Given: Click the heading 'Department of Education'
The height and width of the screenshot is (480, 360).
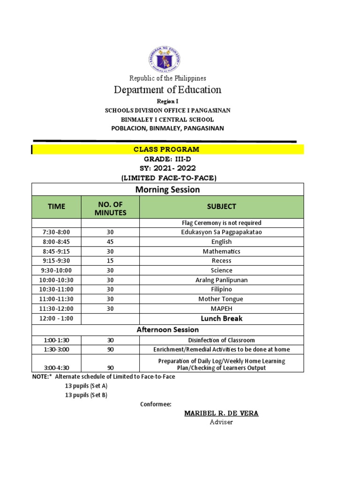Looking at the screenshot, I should tap(167, 90).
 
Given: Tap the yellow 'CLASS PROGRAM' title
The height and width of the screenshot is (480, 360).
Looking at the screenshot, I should tap(166, 150).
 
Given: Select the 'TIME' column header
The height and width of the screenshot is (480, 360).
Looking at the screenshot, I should tap(56, 207).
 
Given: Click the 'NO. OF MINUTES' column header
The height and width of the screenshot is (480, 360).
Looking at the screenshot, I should tap(110, 207).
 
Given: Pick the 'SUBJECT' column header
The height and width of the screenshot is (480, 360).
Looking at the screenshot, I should tap(222, 207).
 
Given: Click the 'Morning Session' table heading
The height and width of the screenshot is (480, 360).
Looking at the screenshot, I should tap(167, 189).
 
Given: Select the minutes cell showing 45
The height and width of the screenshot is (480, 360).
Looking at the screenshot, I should tap(110, 242).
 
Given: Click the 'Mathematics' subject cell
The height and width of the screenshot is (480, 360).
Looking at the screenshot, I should tap(222, 251).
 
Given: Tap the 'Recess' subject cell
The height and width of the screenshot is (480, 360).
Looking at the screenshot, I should tap(222, 261).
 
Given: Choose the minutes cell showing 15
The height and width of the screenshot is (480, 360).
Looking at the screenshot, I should tap(110, 261).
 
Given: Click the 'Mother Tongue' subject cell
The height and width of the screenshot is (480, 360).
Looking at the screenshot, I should tap(222, 299).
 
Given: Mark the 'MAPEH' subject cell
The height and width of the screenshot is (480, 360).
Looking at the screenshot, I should tap(222, 308).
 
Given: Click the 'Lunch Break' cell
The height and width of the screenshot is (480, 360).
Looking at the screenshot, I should tap(222, 319).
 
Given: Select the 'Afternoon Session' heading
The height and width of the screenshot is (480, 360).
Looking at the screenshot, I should tap(167, 330).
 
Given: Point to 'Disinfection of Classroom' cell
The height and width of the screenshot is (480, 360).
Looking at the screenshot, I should tap(222, 340).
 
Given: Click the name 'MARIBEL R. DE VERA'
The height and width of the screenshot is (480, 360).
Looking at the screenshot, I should tap(221, 413).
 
